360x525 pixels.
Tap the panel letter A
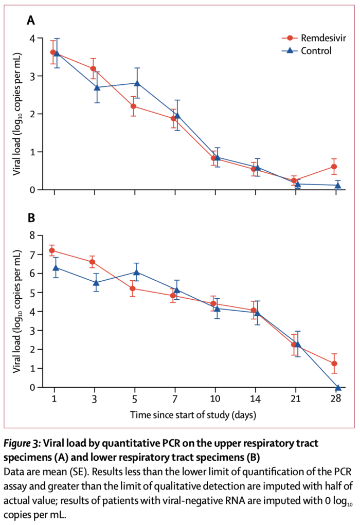point(31,21)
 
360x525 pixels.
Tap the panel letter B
point(31,218)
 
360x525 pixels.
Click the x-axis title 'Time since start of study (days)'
point(193,414)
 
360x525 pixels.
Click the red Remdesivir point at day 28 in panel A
point(334,167)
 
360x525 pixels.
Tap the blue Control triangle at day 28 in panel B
point(338,388)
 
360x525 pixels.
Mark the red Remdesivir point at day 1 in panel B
point(52,251)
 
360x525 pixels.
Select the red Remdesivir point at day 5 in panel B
point(133,288)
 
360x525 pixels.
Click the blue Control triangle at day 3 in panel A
point(97,87)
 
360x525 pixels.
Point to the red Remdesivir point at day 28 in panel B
point(334,364)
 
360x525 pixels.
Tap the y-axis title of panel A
point(16,114)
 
